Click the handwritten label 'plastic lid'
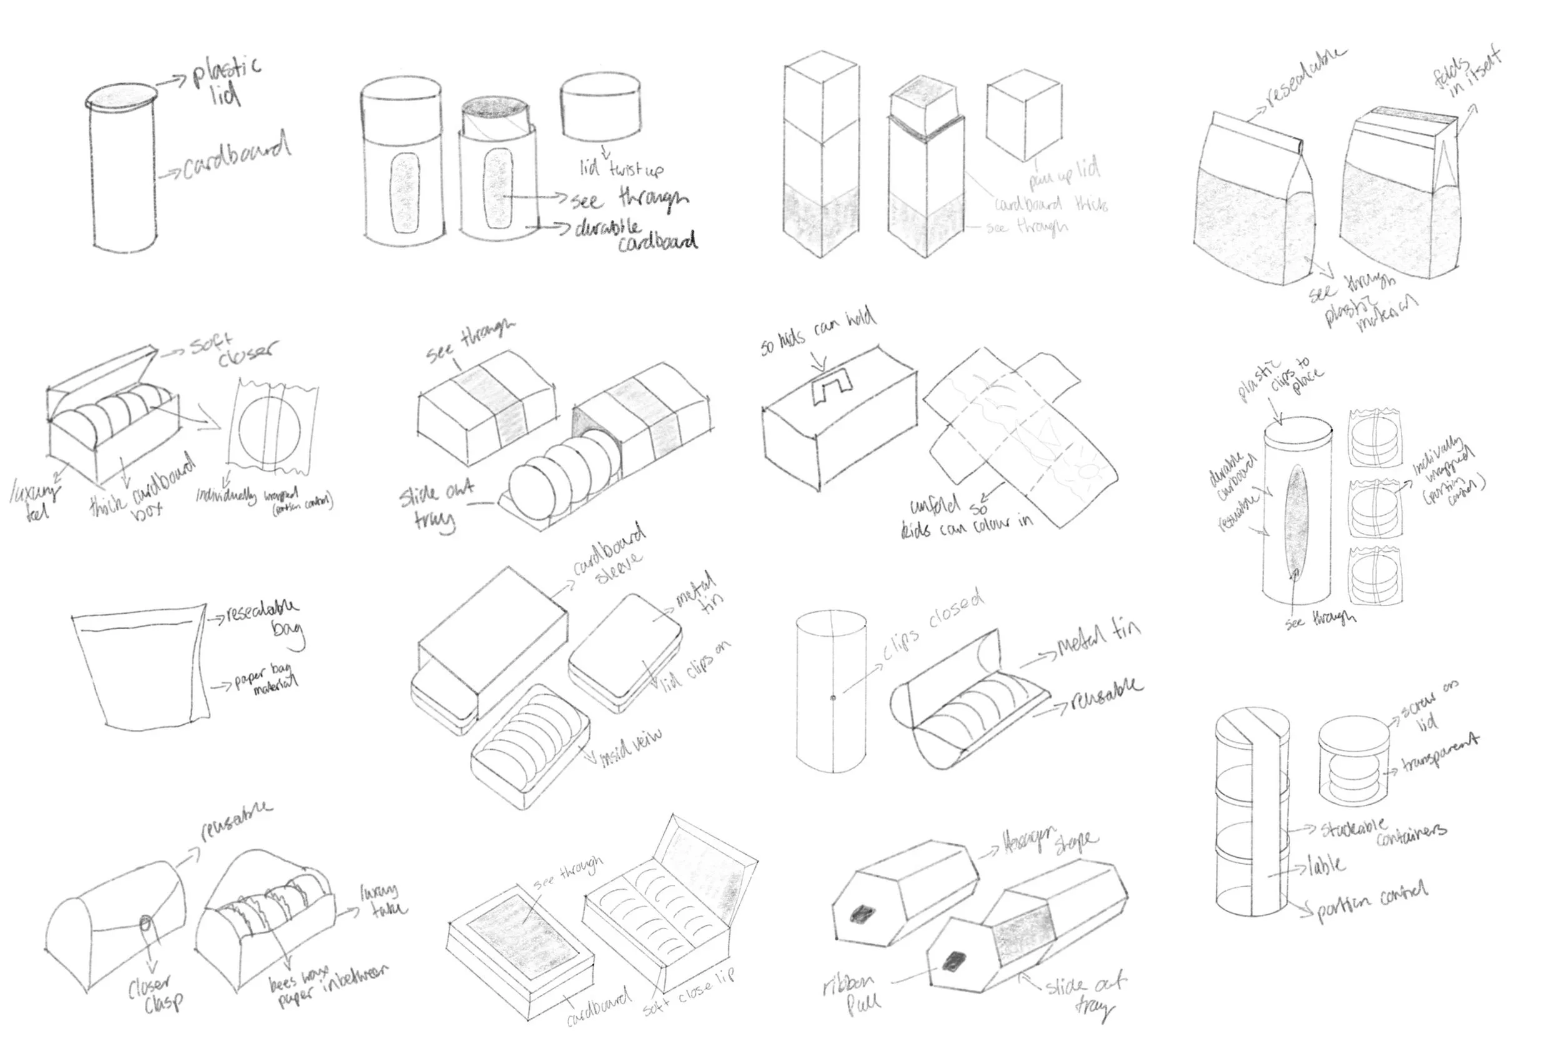click(x=225, y=81)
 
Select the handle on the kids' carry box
click(x=832, y=389)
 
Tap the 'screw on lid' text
click(x=1428, y=709)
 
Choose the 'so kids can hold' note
click(x=818, y=331)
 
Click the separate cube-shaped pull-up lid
click(x=1023, y=116)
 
